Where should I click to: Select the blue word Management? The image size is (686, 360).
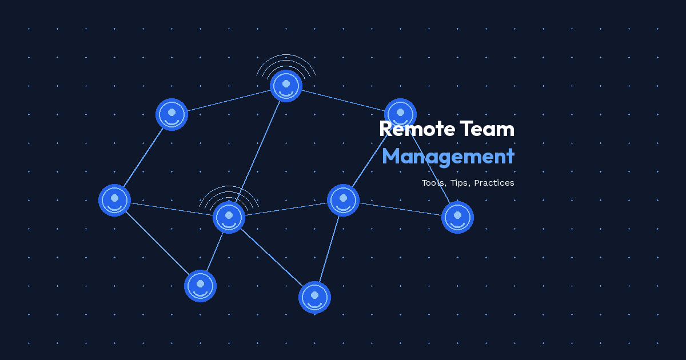coord(448,156)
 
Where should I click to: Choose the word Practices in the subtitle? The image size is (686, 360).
coord(494,183)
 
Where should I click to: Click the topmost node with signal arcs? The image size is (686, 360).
coord(286,86)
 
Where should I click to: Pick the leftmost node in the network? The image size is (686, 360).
coord(114,200)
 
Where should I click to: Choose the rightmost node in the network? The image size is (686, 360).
coord(457,217)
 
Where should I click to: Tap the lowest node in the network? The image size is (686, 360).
coord(314,297)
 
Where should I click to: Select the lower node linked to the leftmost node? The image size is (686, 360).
coord(200,286)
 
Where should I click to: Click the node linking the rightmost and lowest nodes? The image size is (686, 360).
coord(343,200)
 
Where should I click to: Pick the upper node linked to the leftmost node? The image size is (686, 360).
coord(171,114)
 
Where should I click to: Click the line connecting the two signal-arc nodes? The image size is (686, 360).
coord(257,151)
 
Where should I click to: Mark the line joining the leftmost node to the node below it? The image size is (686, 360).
coord(157,243)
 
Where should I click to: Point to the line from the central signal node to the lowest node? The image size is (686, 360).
coord(272,257)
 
